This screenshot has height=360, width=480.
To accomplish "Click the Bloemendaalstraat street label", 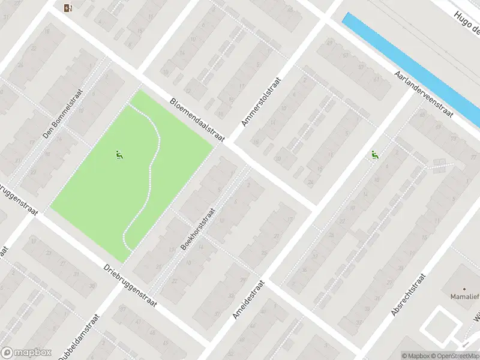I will click(x=197, y=121).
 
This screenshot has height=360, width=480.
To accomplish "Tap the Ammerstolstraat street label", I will click(x=261, y=101).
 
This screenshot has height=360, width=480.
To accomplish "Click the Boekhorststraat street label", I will click(x=197, y=229).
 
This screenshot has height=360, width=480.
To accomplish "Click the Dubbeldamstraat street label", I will click(x=78, y=338).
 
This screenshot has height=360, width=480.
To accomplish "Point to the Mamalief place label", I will click(x=465, y=296).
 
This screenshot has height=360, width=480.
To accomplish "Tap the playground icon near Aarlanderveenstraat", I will click(x=375, y=155).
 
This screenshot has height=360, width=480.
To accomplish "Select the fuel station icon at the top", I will click(x=67, y=8).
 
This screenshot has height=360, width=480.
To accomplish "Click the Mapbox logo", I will click(x=26, y=353).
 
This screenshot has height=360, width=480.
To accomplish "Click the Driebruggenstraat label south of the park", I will click(x=130, y=286).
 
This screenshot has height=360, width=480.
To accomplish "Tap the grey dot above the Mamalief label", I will click(x=466, y=288).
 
